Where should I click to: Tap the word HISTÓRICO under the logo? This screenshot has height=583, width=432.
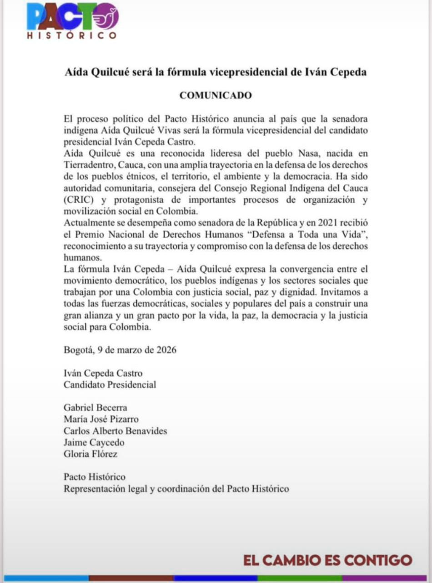71,36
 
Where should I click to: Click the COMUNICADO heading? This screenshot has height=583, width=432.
216,96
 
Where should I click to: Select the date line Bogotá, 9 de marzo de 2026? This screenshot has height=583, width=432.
120,350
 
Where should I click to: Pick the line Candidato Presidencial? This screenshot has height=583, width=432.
110,385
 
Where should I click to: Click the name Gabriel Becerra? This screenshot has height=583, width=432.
95,408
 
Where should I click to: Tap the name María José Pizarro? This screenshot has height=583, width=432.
101,419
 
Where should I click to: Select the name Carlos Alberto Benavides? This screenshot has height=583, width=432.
116,431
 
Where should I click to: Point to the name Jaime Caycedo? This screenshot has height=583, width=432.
94,442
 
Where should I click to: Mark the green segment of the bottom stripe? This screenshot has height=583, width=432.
300,578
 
